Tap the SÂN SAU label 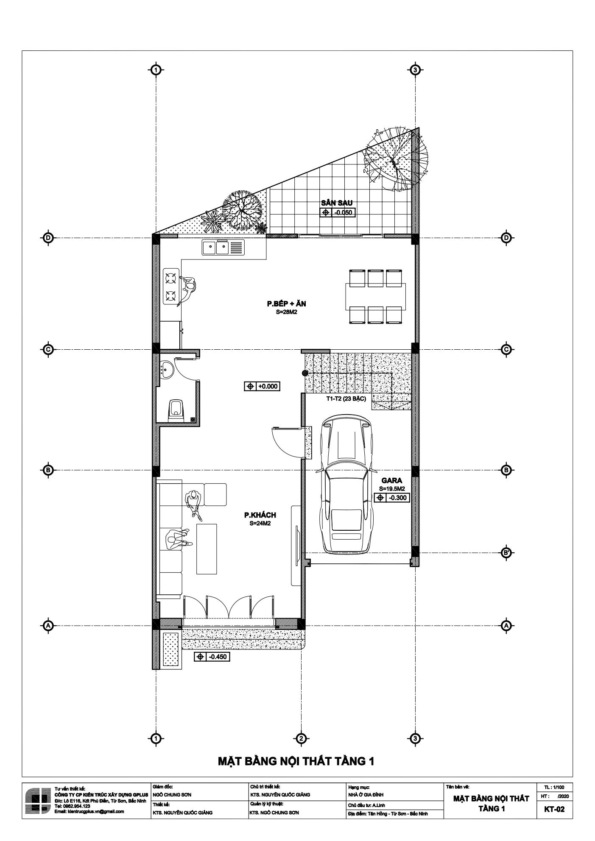click(337, 203)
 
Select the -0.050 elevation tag click(338, 212)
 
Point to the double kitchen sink click(223, 247)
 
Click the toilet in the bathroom click(176, 410)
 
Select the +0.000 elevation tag click(263, 387)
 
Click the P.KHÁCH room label click(260, 515)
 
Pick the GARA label click(391, 481)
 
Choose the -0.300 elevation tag click(392, 498)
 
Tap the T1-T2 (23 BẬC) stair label click(346, 399)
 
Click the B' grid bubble click(506, 552)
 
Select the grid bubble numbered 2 click(301, 738)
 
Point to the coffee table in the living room click(207, 549)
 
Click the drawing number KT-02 click(555, 809)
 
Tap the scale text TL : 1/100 click(555, 787)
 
